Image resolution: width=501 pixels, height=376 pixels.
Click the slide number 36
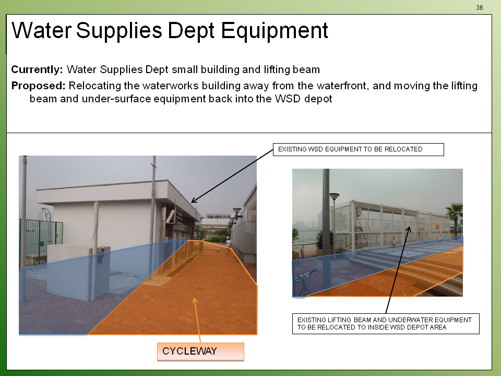pyautogui.click(x=479, y=8)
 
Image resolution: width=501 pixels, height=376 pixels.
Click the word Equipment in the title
pyautogui.click(x=275, y=31)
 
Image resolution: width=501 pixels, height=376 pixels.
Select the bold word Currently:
pyautogui.click(x=37, y=69)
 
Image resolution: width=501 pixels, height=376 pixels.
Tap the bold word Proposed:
pyautogui.click(x=38, y=86)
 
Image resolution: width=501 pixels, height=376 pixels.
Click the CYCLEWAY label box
pyautogui.click(x=200, y=351)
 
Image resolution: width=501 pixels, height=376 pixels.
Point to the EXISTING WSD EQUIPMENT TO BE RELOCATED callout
pyautogui.click(x=358, y=149)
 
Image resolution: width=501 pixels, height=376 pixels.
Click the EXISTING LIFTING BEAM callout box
pyautogui.click(x=386, y=324)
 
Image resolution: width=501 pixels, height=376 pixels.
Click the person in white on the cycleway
pyautogui.click(x=229, y=244)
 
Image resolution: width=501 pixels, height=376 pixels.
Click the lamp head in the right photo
pyautogui.click(x=334, y=196)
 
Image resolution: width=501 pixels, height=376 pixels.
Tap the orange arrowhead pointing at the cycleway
pyautogui.click(x=194, y=300)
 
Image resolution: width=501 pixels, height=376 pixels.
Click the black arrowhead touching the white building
pyautogui.click(x=194, y=200)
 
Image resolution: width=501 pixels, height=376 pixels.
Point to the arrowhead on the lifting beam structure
pyautogui.click(x=408, y=230)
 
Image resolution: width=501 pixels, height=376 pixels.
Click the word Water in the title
pyautogui.click(x=42, y=31)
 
